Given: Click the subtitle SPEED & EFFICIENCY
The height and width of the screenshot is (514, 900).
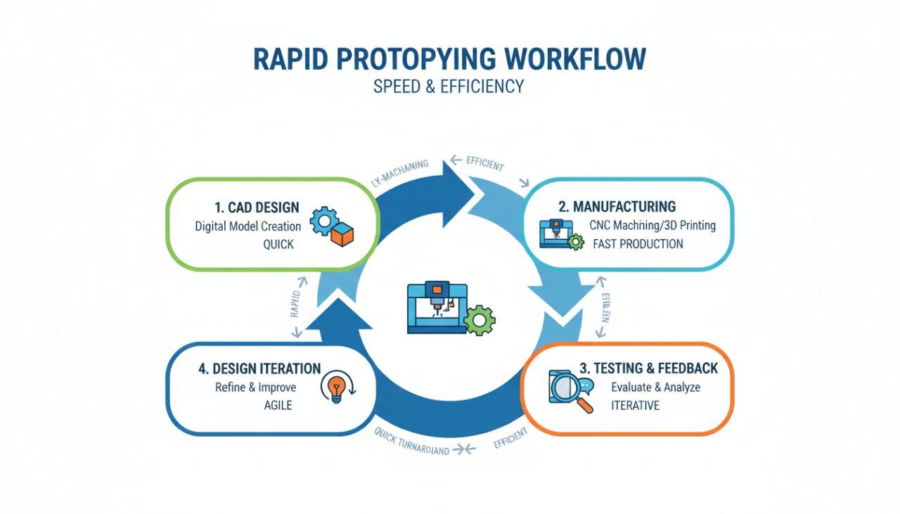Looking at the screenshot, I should [449, 86].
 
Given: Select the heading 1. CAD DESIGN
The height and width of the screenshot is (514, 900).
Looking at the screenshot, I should [257, 207].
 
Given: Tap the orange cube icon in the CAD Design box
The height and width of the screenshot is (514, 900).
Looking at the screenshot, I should [342, 236].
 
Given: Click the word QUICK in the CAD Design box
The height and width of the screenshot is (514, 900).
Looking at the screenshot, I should [278, 245].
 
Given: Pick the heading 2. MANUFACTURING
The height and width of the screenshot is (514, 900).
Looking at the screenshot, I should [617, 207].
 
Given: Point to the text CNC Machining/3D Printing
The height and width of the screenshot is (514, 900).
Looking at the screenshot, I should [653, 226].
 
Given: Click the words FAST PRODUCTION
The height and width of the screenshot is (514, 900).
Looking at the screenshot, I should [637, 244].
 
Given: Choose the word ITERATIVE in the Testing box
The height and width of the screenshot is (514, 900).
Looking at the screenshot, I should [635, 406].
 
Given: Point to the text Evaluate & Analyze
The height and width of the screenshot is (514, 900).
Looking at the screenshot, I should [655, 387].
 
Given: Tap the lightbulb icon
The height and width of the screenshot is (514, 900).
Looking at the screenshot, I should [337, 388].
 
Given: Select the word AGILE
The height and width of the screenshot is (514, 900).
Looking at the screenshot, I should [278, 406].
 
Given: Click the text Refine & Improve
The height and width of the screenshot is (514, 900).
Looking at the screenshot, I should [256, 387].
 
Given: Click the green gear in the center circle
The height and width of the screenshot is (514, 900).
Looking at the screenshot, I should [481, 319].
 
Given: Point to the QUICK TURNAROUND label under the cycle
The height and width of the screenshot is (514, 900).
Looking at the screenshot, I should [411, 444].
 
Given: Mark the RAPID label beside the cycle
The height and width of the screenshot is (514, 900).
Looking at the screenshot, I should [298, 304].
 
